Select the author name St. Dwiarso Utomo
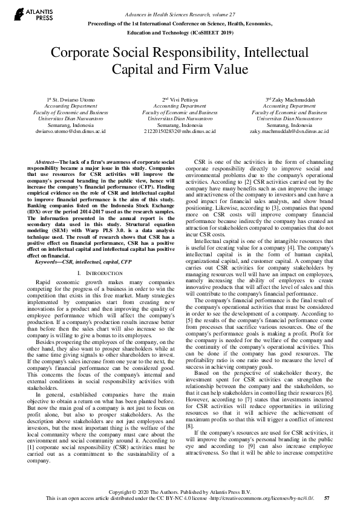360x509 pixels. coord(77,99)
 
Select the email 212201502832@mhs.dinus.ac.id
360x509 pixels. coord(180,130)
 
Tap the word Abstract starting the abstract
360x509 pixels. coord(47,164)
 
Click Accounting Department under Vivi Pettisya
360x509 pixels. coord(179,106)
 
